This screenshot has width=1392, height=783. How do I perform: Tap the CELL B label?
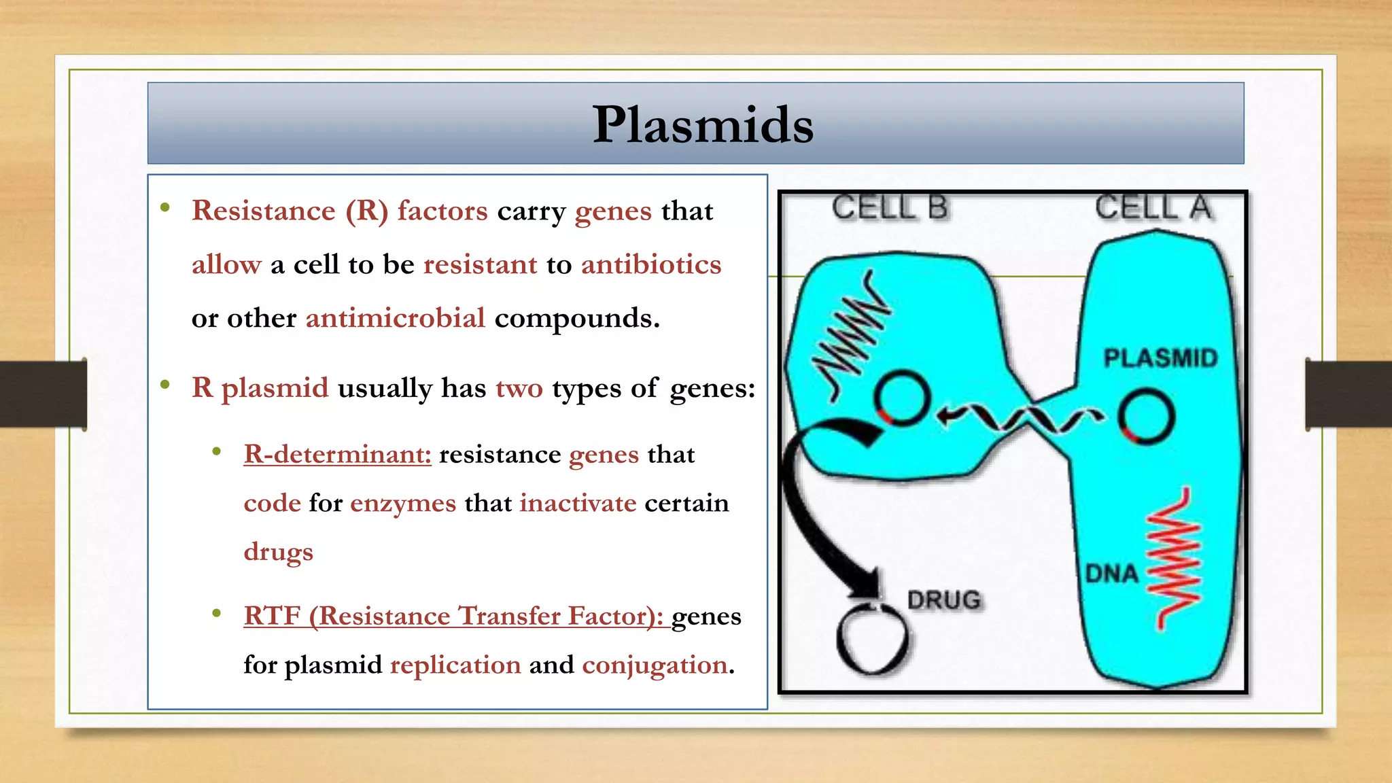coord(889,207)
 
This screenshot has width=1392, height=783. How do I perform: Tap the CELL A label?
coord(1153,207)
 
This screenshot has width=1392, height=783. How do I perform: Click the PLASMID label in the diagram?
coord(1160,358)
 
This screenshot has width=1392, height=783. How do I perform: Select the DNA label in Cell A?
coord(1111,574)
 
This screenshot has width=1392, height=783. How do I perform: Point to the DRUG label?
coord(944,600)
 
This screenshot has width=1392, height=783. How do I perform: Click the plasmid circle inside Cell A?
coord(1147,416)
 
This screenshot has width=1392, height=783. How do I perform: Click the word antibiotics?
coord(650,264)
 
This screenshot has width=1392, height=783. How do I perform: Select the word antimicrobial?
coord(395,318)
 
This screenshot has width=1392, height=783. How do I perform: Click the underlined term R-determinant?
coord(337,454)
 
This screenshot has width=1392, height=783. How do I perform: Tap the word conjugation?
coord(655,665)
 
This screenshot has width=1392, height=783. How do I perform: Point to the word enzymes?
coord(402,504)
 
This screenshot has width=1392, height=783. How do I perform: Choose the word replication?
coord(455,665)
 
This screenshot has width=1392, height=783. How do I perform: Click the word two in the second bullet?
coord(519,388)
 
